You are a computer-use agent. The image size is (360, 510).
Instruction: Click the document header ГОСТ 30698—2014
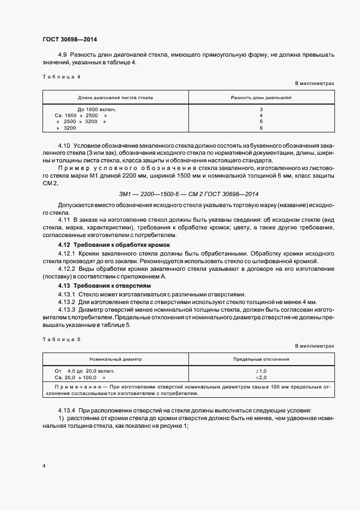coord(70,39)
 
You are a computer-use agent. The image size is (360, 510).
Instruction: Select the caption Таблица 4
coord(61,77)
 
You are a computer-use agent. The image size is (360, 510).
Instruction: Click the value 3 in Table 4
coord(261,110)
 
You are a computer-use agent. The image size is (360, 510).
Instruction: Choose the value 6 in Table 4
coord(261,127)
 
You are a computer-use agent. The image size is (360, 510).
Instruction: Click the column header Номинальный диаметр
coord(115,360)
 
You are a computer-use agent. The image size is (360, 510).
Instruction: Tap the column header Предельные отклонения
coord(261,360)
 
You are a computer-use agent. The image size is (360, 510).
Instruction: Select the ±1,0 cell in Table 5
coord(261,371)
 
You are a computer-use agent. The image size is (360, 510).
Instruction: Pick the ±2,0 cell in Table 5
coord(261,377)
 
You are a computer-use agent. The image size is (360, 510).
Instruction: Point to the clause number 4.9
coord(62,56)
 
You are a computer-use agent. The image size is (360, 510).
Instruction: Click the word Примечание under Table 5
coord(72,387)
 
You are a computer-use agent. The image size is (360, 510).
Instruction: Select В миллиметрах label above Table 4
coord(314,84)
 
